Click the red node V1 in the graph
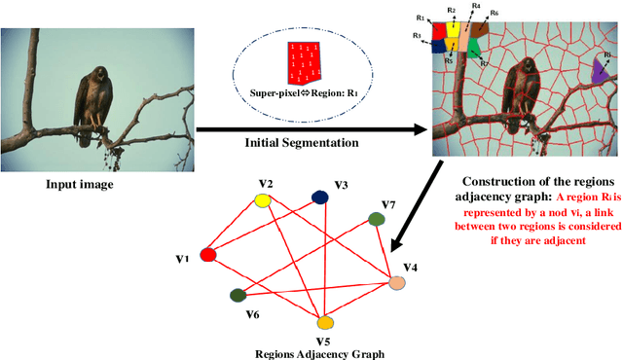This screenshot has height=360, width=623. tap(207, 256)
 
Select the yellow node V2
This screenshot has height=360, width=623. tap(262, 200)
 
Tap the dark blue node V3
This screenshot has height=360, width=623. tap(319, 198)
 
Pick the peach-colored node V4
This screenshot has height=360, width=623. tap(397, 283)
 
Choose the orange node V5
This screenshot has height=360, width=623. tap(325, 322)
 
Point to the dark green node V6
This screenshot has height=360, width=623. tap(237, 295)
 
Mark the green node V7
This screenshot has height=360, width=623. tap(376, 220)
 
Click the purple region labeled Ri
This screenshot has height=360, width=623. tap(600, 69)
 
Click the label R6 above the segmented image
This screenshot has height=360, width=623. tap(494, 13)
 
